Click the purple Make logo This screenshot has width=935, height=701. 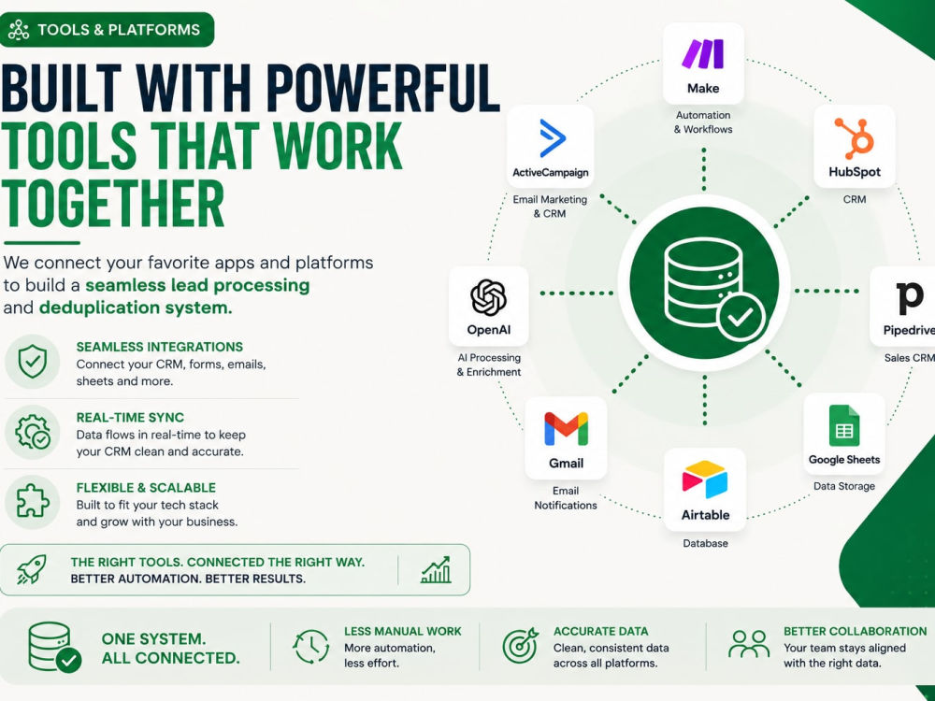(x=703, y=53)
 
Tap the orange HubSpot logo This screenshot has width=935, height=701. (x=856, y=138)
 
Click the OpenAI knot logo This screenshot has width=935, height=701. (x=488, y=297)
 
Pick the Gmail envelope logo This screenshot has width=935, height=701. (x=566, y=429)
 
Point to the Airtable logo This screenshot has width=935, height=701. (x=705, y=479)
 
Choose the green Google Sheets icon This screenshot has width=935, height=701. (x=844, y=425)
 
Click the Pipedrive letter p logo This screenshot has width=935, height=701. (x=910, y=297)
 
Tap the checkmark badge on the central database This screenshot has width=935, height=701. (x=741, y=317)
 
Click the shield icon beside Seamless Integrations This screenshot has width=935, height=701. (x=32, y=361)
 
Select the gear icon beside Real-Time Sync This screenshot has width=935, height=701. (x=33, y=432)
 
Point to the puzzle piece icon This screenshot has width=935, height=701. (x=32, y=501)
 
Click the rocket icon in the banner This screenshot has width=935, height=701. (x=31, y=569)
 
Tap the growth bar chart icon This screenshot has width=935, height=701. (x=436, y=570)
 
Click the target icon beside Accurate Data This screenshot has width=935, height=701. (x=520, y=646)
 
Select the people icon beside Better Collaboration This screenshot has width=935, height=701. (x=749, y=644)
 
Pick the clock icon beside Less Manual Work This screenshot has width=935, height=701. (x=310, y=646)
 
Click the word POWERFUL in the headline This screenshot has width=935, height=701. (x=382, y=88)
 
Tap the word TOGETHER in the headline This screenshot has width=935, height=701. (x=113, y=203)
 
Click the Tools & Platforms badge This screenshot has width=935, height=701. (x=107, y=29)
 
